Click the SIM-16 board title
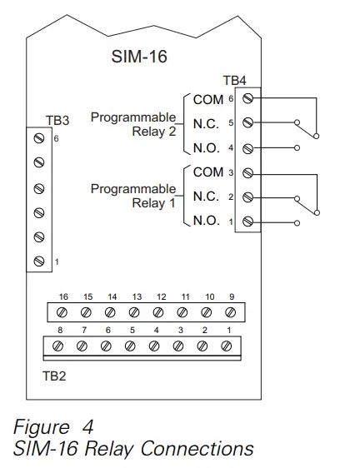[x=137, y=57]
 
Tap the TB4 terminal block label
[x=235, y=81]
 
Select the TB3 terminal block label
[x=57, y=120]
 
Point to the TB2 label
[x=55, y=375]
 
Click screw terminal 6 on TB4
[x=247, y=99]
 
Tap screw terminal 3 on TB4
[x=247, y=173]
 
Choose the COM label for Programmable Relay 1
[x=208, y=173]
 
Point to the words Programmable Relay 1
[x=132, y=197]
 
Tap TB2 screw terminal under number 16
[x=61, y=311]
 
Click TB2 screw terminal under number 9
[x=231, y=311]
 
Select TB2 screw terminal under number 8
[x=58, y=346]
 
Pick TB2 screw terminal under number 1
[x=227, y=346]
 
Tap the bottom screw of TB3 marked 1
[x=39, y=262]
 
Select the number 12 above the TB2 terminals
[x=161, y=296]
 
